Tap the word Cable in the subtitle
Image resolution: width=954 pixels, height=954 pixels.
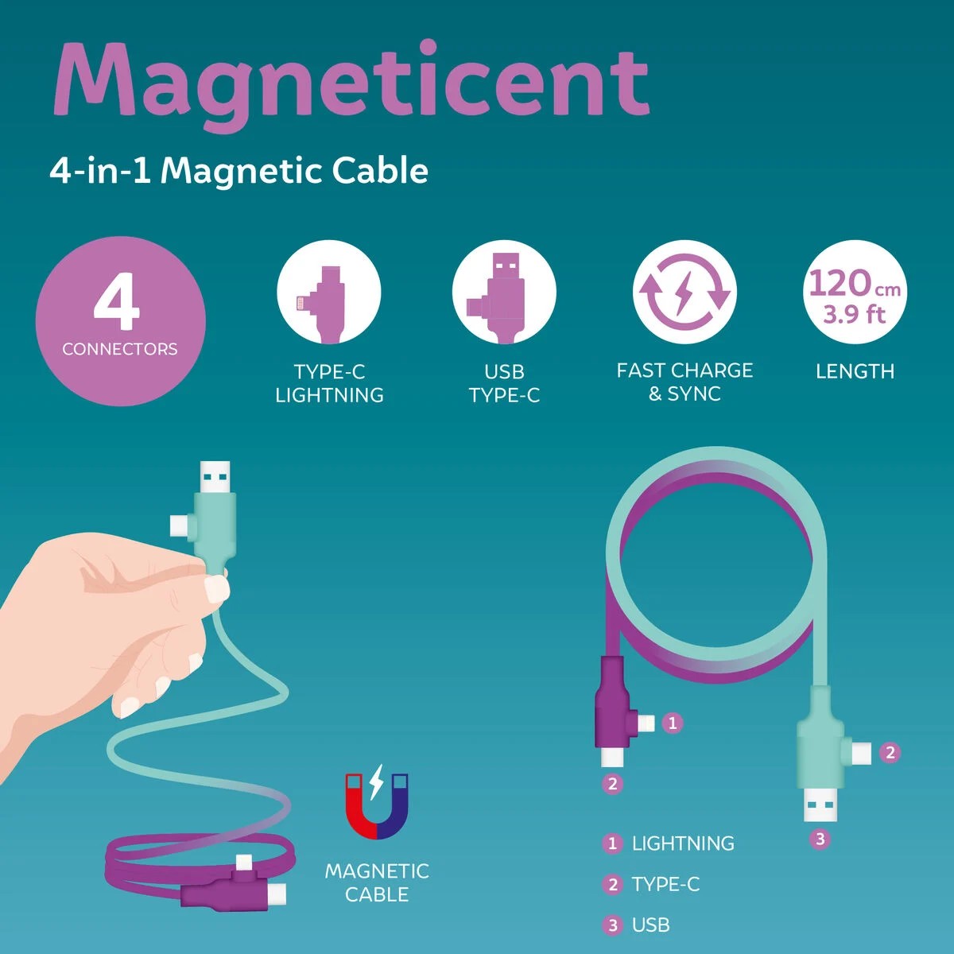click(x=380, y=171)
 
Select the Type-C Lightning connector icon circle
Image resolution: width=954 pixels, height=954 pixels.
click(x=328, y=292)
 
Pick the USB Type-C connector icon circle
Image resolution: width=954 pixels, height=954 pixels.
click(x=504, y=292)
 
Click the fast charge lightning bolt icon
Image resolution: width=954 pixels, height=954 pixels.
click(x=684, y=292)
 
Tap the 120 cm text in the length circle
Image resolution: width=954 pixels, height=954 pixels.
click(x=855, y=283)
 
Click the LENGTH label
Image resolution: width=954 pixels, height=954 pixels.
click(x=855, y=371)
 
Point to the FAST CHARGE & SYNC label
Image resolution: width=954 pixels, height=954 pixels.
click(x=684, y=382)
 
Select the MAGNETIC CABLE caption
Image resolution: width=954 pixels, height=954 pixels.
click(x=377, y=882)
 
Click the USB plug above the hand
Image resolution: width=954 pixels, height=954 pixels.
click(x=215, y=477)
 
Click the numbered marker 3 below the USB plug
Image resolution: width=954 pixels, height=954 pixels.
click(x=820, y=839)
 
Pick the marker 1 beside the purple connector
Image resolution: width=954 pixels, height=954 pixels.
click(x=673, y=723)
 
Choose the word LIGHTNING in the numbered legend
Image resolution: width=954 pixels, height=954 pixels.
click(x=683, y=843)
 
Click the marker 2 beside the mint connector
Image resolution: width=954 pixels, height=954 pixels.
click(x=890, y=753)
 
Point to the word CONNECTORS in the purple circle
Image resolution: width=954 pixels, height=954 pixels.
click(x=120, y=349)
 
